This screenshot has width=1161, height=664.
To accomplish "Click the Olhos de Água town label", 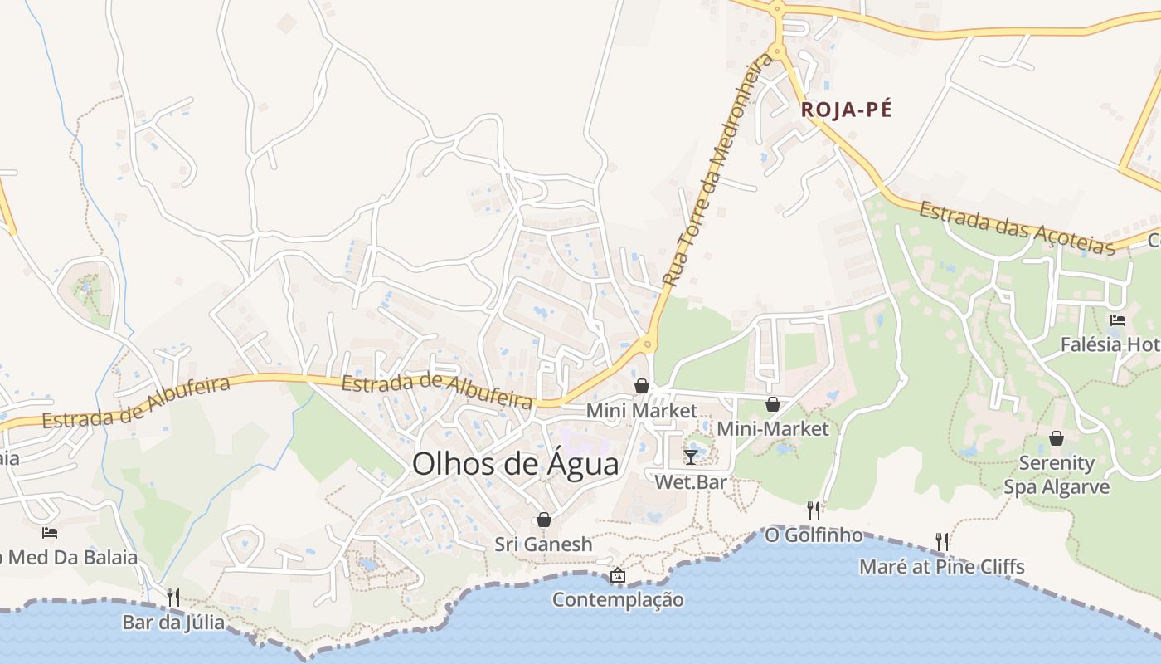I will point(515,463).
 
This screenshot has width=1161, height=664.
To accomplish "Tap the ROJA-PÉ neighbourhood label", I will point(846,110).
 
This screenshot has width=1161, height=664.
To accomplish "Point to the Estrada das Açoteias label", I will point(1016,227).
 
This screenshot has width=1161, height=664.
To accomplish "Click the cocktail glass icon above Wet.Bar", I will point(691,456).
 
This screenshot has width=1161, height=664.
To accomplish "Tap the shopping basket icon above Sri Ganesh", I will point(544,520).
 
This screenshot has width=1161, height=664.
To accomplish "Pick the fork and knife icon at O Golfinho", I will point(814,510).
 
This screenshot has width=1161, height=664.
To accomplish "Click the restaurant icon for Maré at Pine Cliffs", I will point(942,541).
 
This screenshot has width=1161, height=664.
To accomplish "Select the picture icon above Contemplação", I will point(618,574).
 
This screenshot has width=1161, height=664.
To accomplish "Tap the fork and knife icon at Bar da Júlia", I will point(173,597).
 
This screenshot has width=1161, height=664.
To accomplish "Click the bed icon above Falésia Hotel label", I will point(1118,320).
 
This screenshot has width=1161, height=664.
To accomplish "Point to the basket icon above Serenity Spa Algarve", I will point(1057,437).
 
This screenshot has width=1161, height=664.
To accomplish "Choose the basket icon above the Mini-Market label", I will point(772,404).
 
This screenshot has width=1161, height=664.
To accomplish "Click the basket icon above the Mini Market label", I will point(642,386).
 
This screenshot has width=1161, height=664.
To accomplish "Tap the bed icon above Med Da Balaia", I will point(50,532).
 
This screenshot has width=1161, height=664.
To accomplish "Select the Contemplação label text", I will point(618,599).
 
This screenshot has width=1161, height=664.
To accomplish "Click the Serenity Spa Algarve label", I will point(1057,475).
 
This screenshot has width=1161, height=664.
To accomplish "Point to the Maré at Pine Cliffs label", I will point(942,567).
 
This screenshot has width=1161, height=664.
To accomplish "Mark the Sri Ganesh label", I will point(544,544).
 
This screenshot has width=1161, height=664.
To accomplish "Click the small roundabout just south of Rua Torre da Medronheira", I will point(648,343).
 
